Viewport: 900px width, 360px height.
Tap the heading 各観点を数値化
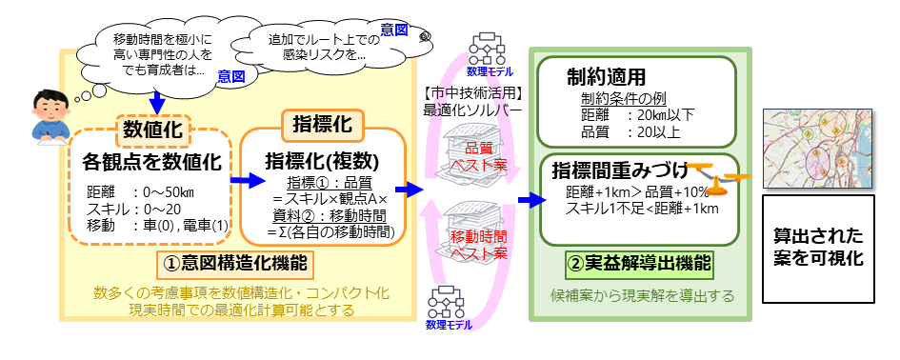pyautogui.click(x=153, y=161)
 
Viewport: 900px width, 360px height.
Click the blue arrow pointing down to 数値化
pyautogui.click(x=156, y=98)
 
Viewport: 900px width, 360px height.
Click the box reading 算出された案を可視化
pyautogui.click(x=818, y=246)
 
